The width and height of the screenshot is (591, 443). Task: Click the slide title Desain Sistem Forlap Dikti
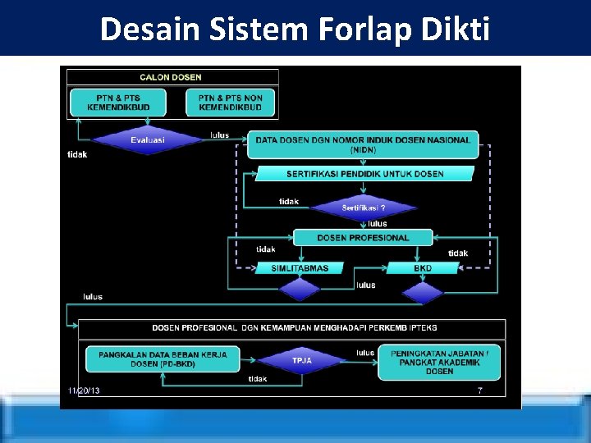(295, 30)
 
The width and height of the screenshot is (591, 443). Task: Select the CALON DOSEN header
(172, 77)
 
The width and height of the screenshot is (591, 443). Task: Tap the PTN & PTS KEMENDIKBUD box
(118, 103)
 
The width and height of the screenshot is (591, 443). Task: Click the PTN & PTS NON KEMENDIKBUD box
(230, 103)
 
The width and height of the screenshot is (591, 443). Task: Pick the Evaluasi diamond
(148, 139)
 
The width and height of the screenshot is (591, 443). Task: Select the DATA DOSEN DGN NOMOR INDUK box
(363, 144)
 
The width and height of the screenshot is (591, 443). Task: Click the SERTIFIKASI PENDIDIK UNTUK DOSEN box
(364, 174)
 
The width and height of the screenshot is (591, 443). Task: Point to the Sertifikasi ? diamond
(364, 208)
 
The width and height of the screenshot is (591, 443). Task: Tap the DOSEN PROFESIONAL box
(363, 238)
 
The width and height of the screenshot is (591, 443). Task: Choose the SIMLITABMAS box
(300, 267)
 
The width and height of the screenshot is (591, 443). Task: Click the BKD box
(423, 267)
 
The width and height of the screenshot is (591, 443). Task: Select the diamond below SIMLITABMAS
(300, 290)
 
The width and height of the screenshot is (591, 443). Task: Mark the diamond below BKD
(422, 292)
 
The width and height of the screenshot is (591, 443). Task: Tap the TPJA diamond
(302, 360)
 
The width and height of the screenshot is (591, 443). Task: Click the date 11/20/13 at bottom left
(84, 391)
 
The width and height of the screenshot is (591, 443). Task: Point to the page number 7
(480, 391)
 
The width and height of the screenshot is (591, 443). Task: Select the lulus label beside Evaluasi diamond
(220, 135)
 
